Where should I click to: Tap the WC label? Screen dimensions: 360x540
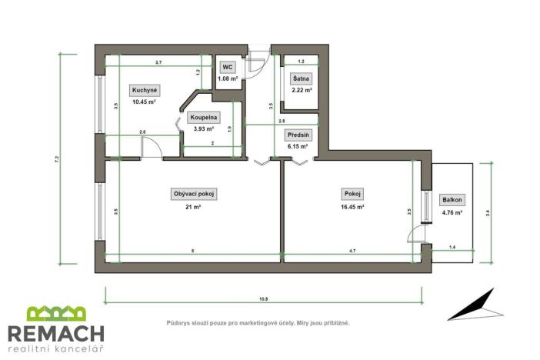click(x=228, y=67)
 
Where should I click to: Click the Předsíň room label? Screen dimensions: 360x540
click(x=298, y=135)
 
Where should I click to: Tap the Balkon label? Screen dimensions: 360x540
click(x=452, y=200)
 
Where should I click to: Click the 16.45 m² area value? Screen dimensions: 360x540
click(x=353, y=207)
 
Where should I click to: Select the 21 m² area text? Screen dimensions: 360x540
click(x=193, y=207)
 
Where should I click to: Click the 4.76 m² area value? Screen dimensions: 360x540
click(x=452, y=212)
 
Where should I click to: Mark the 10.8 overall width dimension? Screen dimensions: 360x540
click(x=262, y=298)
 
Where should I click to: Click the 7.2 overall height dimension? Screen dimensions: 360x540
click(x=58, y=159)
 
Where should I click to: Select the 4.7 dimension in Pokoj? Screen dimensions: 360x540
click(x=352, y=251)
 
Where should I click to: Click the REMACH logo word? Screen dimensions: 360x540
click(x=56, y=333)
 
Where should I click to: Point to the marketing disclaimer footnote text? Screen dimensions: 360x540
click(x=258, y=323)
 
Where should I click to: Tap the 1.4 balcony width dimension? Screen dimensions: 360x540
click(x=452, y=245)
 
